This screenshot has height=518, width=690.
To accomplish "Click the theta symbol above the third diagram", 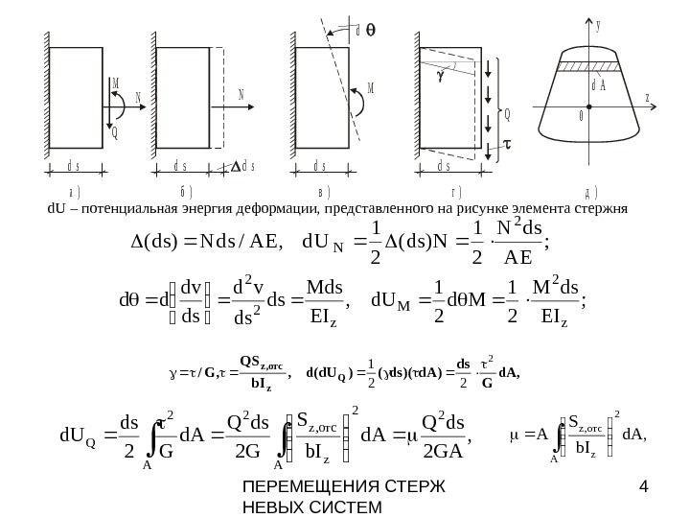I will tap(372, 31).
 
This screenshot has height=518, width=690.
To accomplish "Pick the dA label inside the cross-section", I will tap(599, 85).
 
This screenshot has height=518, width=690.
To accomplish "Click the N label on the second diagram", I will tap(241, 94).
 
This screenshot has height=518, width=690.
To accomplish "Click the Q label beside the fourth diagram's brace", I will tap(507, 113).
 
